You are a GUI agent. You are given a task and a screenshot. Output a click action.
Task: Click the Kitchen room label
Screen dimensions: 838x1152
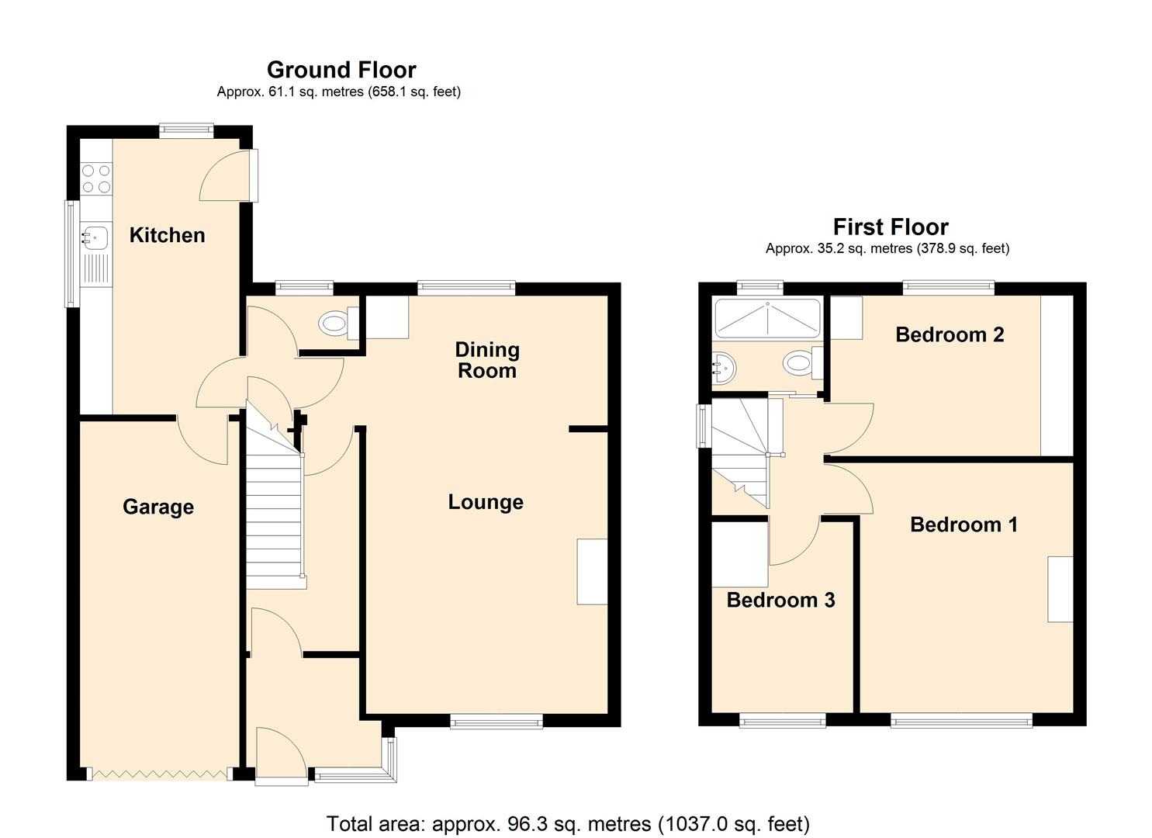[167, 235]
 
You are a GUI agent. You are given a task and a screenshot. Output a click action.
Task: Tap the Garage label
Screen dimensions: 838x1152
[158, 507]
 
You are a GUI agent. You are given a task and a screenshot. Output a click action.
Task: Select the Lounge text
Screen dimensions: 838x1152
[486, 502]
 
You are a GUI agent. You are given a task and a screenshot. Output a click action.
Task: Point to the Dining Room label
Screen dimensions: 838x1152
[487, 360]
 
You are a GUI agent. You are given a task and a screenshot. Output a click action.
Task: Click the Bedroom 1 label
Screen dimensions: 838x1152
[963, 525]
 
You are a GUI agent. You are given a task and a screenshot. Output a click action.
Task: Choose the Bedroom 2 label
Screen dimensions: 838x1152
[950, 334]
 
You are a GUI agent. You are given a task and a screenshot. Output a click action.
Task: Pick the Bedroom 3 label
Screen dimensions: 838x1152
[780, 600]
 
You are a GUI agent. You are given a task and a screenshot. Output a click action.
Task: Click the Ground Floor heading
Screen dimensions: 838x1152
[341, 70]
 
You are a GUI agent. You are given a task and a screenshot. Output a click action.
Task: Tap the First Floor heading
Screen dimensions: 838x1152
[890, 227]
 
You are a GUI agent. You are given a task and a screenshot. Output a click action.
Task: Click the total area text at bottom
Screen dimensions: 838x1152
[568, 823]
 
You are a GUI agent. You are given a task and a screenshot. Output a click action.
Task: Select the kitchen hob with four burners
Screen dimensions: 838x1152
[96, 178]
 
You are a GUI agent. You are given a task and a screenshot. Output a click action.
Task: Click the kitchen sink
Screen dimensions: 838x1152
[94, 236]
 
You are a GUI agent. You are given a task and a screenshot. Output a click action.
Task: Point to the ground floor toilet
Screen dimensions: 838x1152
[338, 323]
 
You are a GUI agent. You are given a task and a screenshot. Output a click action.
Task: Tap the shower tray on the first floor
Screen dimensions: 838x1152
[766, 318]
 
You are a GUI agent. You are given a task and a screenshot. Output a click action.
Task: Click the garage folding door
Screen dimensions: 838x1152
[160, 774]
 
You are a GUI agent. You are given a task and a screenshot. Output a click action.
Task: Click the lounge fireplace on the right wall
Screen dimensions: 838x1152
[592, 571]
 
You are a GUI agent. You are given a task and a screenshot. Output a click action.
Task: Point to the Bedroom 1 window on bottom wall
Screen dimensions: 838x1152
[962, 722]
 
